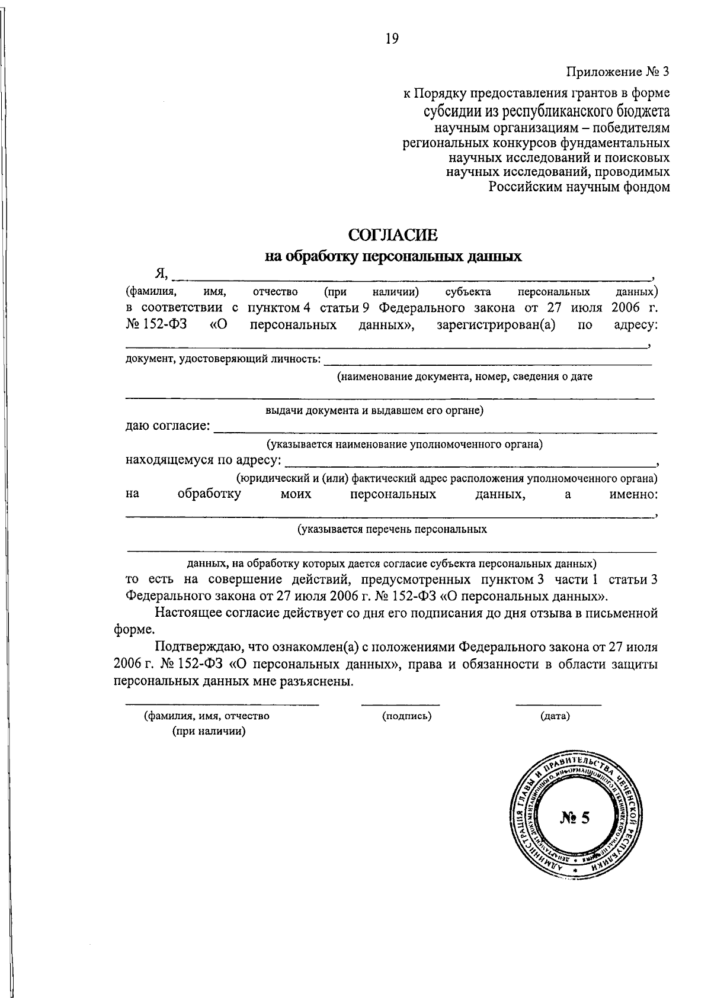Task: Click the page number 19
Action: [392, 39]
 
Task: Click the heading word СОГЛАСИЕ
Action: [393, 236]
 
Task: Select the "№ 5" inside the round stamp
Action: [575, 818]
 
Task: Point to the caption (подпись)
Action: [407, 716]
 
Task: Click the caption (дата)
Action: [555, 716]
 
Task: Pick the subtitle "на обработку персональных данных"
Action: [393, 257]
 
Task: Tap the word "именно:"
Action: [633, 494]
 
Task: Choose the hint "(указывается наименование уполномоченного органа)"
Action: [404, 444]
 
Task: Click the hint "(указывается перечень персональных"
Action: [392, 529]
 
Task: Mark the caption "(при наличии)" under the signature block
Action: [209, 732]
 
